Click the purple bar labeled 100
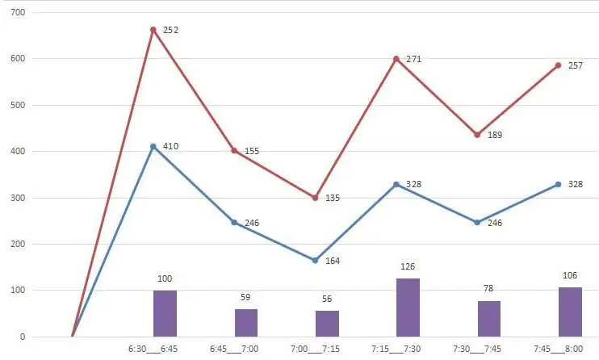click(x=165, y=313)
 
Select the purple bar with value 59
click(x=246, y=323)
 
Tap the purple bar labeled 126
click(x=408, y=308)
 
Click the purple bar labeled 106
click(x=570, y=312)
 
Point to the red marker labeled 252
click(x=153, y=30)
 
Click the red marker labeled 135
click(x=315, y=198)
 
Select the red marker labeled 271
click(x=396, y=58)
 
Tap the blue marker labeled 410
click(x=153, y=146)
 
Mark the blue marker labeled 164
click(x=315, y=260)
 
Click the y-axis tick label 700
click(x=18, y=13)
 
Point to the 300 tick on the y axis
click(x=18, y=198)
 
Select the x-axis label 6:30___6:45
click(x=153, y=350)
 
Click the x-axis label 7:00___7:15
click(x=315, y=350)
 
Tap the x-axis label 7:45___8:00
click(x=558, y=350)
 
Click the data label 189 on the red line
click(x=494, y=135)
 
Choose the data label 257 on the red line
click(x=575, y=65)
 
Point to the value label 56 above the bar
click(x=327, y=298)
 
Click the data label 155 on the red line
click(x=251, y=150)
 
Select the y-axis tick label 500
click(x=18, y=105)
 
